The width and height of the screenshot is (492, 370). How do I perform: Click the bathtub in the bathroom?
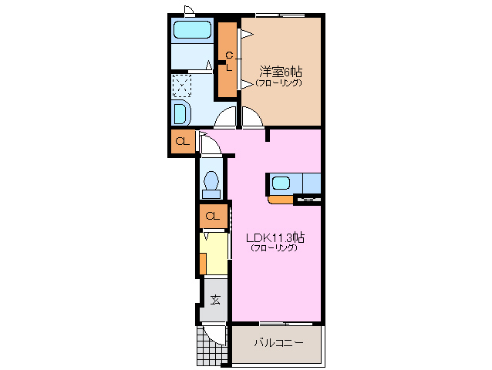point(192,30)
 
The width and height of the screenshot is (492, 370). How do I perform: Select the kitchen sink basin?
point(281,183)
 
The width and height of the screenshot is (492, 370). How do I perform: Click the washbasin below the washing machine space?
point(181,113)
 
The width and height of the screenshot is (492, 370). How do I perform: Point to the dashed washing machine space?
point(182,86)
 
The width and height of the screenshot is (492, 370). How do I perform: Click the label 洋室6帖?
point(281,72)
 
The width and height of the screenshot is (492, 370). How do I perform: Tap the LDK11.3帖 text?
point(275,237)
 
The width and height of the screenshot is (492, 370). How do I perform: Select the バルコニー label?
point(278,342)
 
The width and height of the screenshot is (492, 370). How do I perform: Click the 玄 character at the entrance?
point(215,300)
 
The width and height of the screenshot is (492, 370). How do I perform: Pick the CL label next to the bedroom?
point(229,62)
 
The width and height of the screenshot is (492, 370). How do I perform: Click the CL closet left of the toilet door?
point(183,142)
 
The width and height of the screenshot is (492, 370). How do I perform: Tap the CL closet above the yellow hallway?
point(213,216)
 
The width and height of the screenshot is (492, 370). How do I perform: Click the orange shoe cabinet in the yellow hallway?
point(203,264)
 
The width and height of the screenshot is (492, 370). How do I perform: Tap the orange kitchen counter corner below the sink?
point(280,200)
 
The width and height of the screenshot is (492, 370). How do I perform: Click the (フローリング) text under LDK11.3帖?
point(274,247)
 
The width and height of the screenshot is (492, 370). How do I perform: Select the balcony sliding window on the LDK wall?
point(286,323)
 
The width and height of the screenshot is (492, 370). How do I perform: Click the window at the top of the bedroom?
point(280,15)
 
